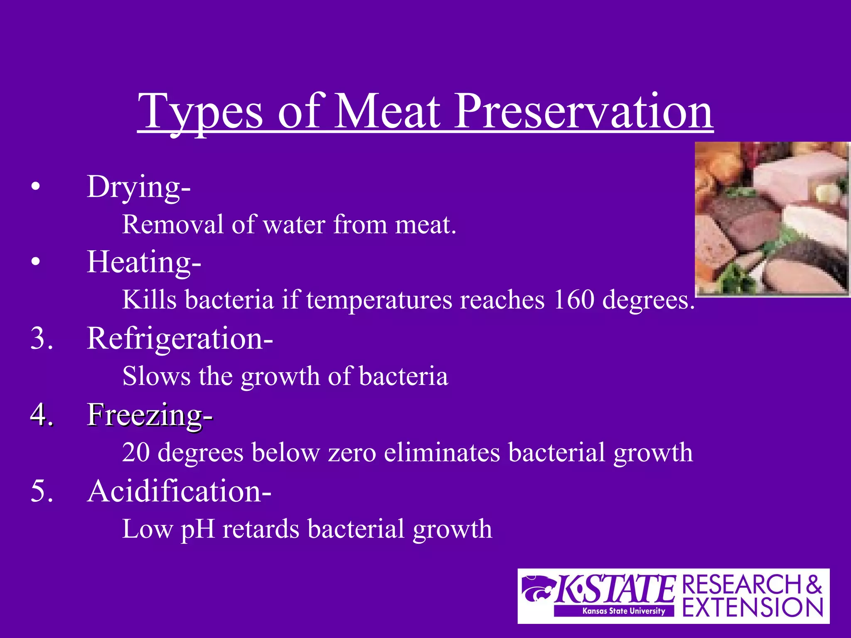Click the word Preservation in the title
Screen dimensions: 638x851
click(x=583, y=111)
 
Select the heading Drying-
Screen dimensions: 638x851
click(x=138, y=187)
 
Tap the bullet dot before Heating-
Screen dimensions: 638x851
click(x=36, y=262)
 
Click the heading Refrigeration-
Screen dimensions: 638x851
click(x=180, y=339)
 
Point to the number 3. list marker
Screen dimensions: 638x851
click(x=42, y=339)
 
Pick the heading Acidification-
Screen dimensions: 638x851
click(x=179, y=491)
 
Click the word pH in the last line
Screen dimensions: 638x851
click(x=197, y=530)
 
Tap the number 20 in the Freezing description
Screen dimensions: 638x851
click(x=136, y=452)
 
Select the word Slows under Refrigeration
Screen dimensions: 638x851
click(x=156, y=376)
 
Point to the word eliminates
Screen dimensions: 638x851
click(x=442, y=452)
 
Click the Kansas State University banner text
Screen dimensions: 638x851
click(x=623, y=611)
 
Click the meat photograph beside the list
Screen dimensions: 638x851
click(x=772, y=219)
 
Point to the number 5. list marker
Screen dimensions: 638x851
click(x=42, y=491)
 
